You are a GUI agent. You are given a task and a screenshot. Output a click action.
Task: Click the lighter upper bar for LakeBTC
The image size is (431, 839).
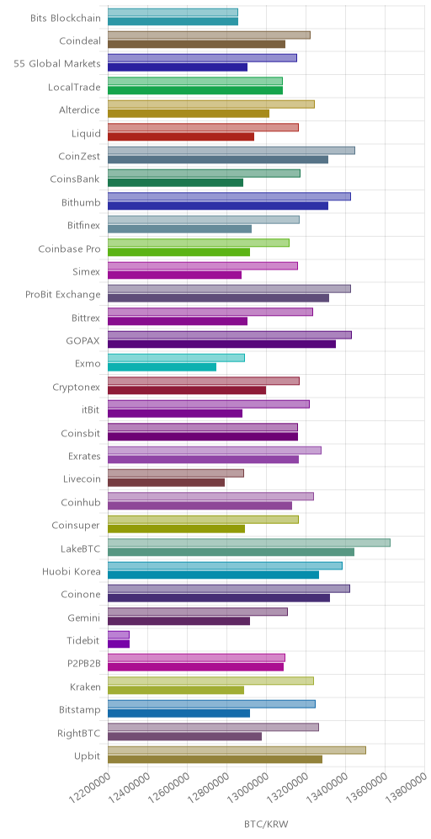pyautogui.click(x=248, y=542)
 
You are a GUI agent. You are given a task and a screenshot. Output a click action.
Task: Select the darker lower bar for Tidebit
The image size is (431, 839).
pyautogui.click(x=119, y=644)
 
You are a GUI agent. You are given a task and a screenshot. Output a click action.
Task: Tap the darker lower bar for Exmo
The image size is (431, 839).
pyautogui.click(x=162, y=367)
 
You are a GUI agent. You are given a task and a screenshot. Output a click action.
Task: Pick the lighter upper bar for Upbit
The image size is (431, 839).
pyautogui.click(x=237, y=751)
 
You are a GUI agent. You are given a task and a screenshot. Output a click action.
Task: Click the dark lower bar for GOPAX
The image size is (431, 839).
pyautogui.click(x=222, y=344)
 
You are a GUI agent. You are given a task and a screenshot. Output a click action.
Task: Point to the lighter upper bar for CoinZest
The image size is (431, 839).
pyautogui.click(x=231, y=150)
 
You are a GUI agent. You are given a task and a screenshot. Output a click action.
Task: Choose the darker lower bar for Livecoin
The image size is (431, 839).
pyautogui.click(x=167, y=483)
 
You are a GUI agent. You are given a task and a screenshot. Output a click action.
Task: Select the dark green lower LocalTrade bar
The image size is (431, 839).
pyautogui.click(x=195, y=90)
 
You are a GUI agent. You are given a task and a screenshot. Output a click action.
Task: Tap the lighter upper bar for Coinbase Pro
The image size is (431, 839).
pyautogui.click(x=199, y=243)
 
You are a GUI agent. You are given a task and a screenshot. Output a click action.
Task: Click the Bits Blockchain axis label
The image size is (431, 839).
pyautogui.click(x=66, y=19)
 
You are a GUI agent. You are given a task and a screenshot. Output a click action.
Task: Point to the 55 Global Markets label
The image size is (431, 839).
pyautogui.click(x=57, y=64)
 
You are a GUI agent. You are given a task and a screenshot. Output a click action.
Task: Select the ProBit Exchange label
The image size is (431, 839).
pyautogui.click(x=63, y=294)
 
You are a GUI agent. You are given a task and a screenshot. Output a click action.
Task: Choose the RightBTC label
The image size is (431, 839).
pyautogui.click(x=80, y=733)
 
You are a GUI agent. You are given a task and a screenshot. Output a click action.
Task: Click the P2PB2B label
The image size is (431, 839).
pyautogui.click(x=82, y=664)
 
